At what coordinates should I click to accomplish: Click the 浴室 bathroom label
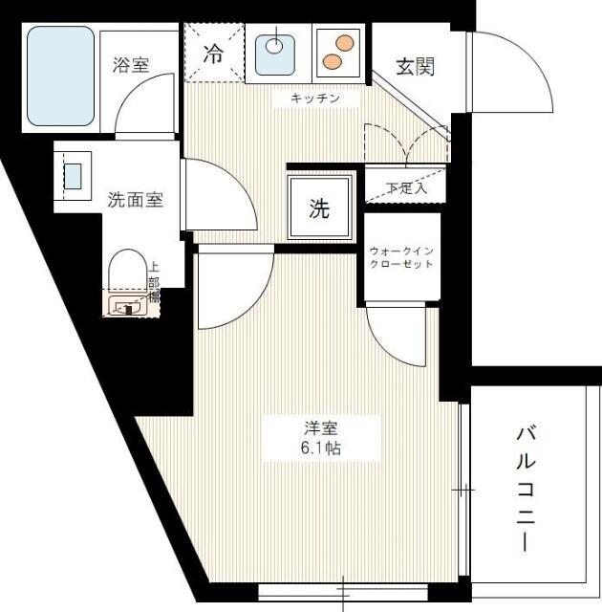pyautogui.click(x=131, y=65)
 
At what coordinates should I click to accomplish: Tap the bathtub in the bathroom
pyautogui.click(x=60, y=76)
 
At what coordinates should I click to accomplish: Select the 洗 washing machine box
pyautogui.click(x=318, y=208)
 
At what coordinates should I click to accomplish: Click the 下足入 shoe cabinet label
pyautogui.click(x=406, y=187)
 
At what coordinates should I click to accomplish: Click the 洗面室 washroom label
pyautogui.click(x=135, y=200)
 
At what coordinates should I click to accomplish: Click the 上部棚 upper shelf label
pyautogui.click(x=153, y=283)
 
